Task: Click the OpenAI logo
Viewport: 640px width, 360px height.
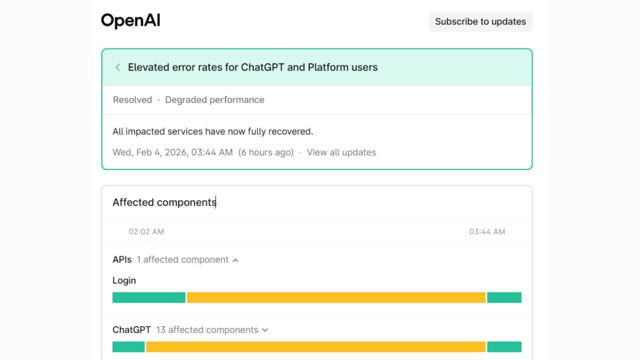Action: (x=130, y=21)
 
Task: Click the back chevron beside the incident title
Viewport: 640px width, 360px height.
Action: (x=117, y=67)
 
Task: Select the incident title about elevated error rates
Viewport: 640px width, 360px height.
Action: (x=252, y=67)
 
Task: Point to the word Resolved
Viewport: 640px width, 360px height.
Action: (x=132, y=100)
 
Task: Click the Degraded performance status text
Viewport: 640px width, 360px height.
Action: (x=214, y=100)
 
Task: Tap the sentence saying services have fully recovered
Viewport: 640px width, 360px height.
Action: (x=212, y=131)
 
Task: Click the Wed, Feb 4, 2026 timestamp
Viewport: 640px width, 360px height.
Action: (x=172, y=152)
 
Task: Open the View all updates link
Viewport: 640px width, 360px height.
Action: (x=341, y=152)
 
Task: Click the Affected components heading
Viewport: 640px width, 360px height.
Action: (x=164, y=202)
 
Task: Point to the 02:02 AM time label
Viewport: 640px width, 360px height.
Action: (x=146, y=231)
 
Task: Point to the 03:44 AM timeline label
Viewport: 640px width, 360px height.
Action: (x=487, y=231)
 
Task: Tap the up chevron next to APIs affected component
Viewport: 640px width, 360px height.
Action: (x=235, y=260)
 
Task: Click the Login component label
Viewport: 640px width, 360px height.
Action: (x=124, y=280)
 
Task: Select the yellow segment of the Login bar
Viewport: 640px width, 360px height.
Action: (x=336, y=297)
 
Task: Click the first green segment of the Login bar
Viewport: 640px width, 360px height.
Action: (x=148, y=297)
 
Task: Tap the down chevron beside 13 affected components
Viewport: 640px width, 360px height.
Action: (x=265, y=330)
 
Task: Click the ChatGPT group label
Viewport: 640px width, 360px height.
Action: (x=131, y=330)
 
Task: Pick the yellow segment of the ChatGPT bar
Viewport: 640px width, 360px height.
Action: (x=315, y=346)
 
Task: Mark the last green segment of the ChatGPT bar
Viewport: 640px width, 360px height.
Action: (x=504, y=346)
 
